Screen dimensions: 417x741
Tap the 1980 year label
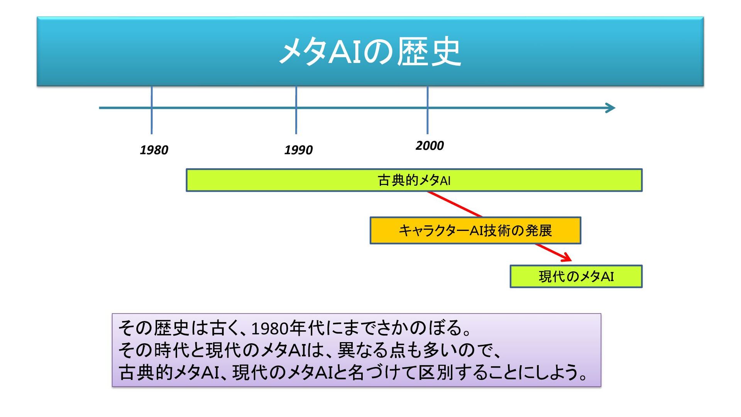154,150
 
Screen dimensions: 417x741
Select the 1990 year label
298,150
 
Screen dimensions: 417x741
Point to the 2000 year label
430,146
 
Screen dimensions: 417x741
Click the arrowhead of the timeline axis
611,108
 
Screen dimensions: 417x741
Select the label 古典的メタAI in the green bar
414,180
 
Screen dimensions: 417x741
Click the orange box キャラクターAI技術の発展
475,231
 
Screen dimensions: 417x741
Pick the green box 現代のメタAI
576,276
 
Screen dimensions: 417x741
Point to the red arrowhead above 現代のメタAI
567,258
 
